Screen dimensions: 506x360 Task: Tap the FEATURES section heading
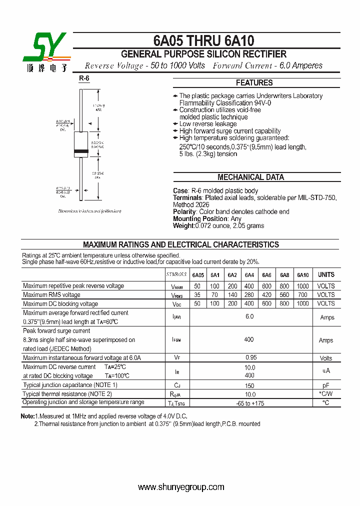[254, 83]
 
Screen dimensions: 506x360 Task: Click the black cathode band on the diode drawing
[81, 151]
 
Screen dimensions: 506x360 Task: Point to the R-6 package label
[84, 78]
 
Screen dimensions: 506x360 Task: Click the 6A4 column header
[249, 275]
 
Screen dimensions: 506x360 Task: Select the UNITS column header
[326, 275]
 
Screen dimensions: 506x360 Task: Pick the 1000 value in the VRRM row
[302, 286]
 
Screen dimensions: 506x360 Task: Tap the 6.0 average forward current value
[249, 317]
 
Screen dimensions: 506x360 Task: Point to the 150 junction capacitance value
[249, 385]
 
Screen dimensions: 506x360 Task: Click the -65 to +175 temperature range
[249, 403]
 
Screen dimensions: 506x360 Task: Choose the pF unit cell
[326, 385]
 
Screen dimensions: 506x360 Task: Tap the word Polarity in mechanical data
[184, 212]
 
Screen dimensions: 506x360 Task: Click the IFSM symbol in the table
[176, 340]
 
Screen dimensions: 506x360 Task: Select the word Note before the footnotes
[27, 416]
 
